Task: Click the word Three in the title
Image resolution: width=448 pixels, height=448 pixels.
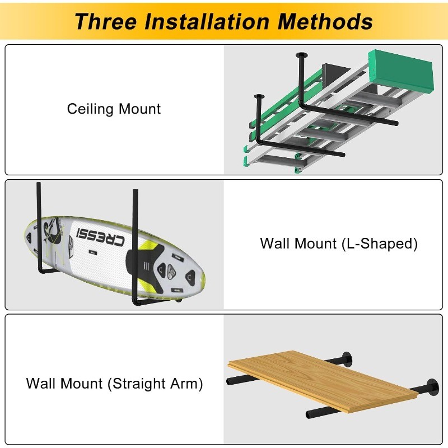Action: (106, 21)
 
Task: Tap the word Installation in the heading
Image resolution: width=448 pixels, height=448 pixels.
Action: (207, 21)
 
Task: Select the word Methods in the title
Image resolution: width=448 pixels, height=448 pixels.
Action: (325, 21)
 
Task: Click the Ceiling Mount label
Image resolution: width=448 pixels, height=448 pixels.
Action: (114, 109)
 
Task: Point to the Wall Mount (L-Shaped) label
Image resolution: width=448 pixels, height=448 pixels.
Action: (339, 244)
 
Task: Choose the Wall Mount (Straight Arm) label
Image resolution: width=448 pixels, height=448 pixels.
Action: (114, 384)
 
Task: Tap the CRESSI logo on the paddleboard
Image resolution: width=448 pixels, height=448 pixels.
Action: (101, 237)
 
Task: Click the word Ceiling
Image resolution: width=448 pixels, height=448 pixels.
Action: (90, 109)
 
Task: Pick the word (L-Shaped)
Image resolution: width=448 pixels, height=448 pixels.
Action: (380, 244)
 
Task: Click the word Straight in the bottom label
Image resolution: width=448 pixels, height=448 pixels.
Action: (138, 384)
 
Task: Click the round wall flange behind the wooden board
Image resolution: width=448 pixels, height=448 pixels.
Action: (347, 359)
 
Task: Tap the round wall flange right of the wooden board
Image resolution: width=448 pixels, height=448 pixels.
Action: (433, 387)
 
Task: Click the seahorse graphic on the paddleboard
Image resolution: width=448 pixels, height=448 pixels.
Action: (52, 231)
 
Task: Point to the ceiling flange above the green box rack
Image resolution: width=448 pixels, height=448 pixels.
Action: (301, 54)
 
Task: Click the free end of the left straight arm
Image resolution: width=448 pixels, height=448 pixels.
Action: (230, 381)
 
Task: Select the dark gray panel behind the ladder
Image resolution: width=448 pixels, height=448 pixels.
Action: (335, 75)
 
